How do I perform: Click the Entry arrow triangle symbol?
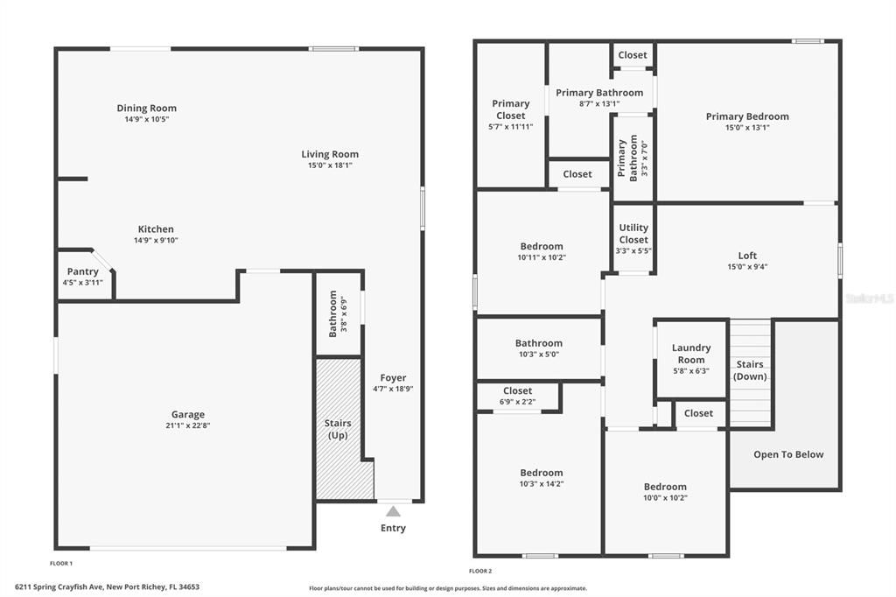(394, 512)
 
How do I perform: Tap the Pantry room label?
(81, 271)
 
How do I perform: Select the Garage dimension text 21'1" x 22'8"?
(187, 426)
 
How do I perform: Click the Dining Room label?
(146, 109)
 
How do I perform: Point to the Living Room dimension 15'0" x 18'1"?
(330, 165)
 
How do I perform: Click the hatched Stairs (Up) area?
(338, 429)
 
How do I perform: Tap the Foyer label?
(393, 378)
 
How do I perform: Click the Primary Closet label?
(511, 109)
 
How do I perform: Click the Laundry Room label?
(691, 354)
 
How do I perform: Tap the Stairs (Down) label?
(750, 370)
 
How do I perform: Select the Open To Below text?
(788, 454)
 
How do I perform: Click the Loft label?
(747, 256)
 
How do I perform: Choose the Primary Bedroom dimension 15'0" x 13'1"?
(747, 128)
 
